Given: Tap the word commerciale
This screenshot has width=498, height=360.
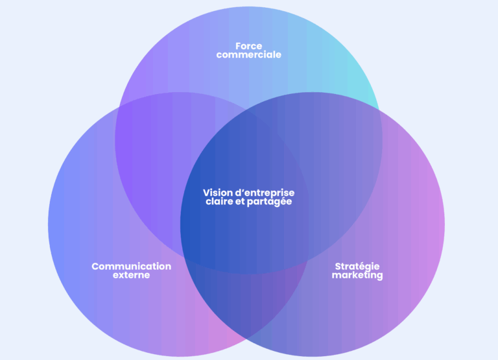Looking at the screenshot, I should coord(248,55).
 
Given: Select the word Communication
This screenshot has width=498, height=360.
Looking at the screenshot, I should coord(131,266).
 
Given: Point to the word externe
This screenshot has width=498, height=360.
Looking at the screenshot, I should coord(131,275).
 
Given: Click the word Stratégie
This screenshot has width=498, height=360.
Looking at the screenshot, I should coord(357,266).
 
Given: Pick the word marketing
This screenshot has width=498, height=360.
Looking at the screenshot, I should coord(357,275).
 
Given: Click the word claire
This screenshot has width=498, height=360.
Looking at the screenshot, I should coord(220,202).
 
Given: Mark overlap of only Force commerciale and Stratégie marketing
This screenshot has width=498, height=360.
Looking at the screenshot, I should coord(344,149).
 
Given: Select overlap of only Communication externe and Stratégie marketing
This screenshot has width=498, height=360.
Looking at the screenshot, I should coord(248,305).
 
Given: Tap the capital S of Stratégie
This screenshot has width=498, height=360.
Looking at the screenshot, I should coord(338,266).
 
